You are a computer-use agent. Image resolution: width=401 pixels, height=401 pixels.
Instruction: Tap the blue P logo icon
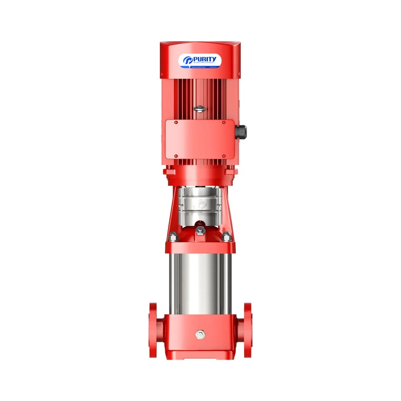click(x=188, y=61)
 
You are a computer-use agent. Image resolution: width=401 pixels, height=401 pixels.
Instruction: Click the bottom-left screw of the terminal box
click(x=176, y=156)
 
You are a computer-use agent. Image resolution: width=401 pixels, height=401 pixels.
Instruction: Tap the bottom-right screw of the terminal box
click(x=224, y=156)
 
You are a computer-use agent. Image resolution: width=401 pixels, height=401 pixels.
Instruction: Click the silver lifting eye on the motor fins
click(x=199, y=108)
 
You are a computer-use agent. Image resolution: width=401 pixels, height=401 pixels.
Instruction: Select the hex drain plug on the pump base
click(x=199, y=334)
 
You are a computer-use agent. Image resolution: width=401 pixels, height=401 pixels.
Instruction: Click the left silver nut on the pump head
click(x=173, y=237)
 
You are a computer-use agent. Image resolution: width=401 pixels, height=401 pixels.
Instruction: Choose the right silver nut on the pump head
click(x=227, y=237)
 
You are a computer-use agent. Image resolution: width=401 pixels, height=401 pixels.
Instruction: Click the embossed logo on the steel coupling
click(x=199, y=204)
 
